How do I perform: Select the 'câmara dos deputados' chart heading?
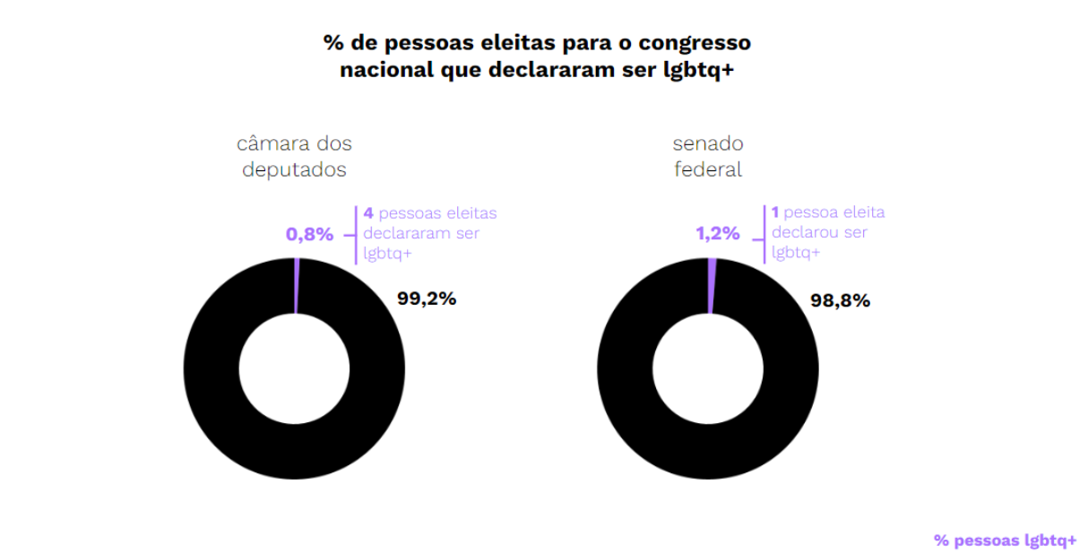pos(294,157)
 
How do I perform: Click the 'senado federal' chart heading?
pos(708,157)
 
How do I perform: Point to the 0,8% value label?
pos(309,235)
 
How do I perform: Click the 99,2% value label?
pos(427,299)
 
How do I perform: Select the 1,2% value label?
pos(718,235)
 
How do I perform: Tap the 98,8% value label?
pos(840,300)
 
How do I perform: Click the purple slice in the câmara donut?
pos(296,285)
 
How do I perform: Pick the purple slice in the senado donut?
pos(712,285)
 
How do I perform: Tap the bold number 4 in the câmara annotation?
pos(367,213)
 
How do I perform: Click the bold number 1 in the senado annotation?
pos(774,213)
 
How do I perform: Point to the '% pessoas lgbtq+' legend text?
pos(1005,541)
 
